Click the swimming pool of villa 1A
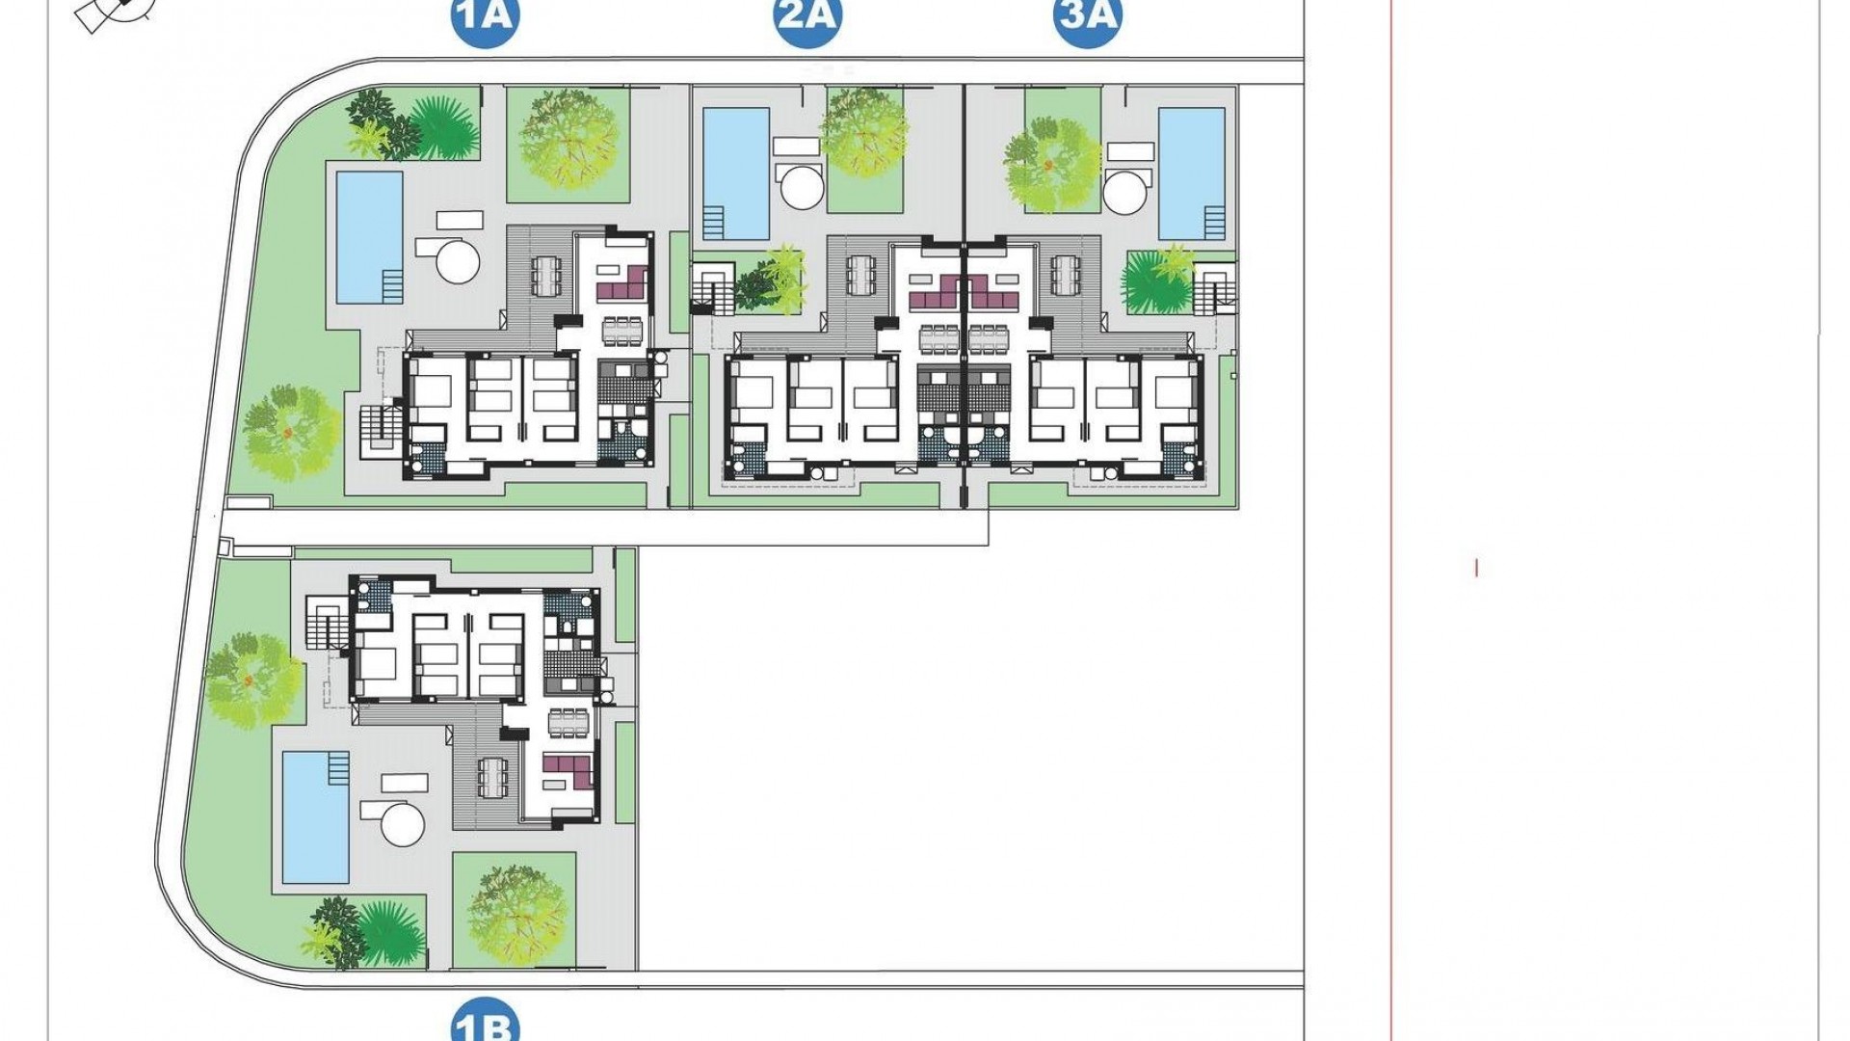click(x=369, y=236)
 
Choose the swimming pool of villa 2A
click(x=736, y=173)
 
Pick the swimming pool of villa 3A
click(x=1191, y=173)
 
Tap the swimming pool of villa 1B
click(x=316, y=816)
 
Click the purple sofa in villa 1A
click(x=621, y=284)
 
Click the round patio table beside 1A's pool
click(x=457, y=259)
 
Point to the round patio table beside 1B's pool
click(x=402, y=825)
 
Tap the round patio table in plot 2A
click(x=803, y=188)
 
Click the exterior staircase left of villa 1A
click(x=379, y=430)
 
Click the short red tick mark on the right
click(x=1476, y=568)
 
